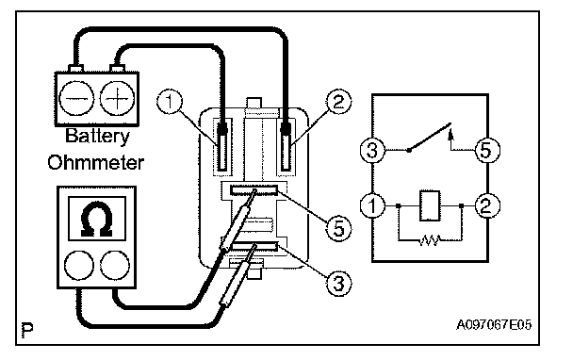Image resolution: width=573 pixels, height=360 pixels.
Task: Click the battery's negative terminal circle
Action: (x=76, y=99)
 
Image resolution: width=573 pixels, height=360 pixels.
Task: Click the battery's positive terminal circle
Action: (x=117, y=99)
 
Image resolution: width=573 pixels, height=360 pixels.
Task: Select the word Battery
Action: (x=97, y=136)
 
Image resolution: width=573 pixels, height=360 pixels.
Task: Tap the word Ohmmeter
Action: (x=96, y=163)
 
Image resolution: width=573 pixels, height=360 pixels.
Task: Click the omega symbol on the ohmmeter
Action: (x=97, y=219)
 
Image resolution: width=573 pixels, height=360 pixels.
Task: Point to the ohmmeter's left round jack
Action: (x=78, y=265)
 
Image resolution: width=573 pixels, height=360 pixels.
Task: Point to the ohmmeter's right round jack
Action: (x=115, y=265)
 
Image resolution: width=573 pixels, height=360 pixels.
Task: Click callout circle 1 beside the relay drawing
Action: (x=170, y=101)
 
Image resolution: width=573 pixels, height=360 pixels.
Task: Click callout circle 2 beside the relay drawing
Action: (x=338, y=101)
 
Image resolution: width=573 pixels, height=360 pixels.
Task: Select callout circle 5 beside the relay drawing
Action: (x=338, y=229)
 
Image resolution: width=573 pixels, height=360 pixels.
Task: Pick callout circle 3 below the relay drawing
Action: (x=338, y=283)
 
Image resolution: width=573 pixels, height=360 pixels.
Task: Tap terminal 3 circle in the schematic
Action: (x=372, y=150)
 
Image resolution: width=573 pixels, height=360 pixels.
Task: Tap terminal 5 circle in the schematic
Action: (x=487, y=150)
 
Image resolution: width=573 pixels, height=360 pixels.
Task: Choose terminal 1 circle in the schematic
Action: (x=372, y=205)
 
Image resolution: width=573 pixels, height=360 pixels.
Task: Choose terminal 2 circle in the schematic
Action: (x=487, y=205)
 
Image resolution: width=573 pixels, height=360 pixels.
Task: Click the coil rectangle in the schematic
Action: (x=430, y=205)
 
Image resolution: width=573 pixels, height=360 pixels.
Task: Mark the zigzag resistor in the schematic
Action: (x=430, y=240)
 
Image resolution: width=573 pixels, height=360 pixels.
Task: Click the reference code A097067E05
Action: (x=494, y=325)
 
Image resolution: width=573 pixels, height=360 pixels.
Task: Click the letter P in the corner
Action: (x=27, y=329)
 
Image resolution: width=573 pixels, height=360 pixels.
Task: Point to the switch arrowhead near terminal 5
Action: (x=450, y=134)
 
